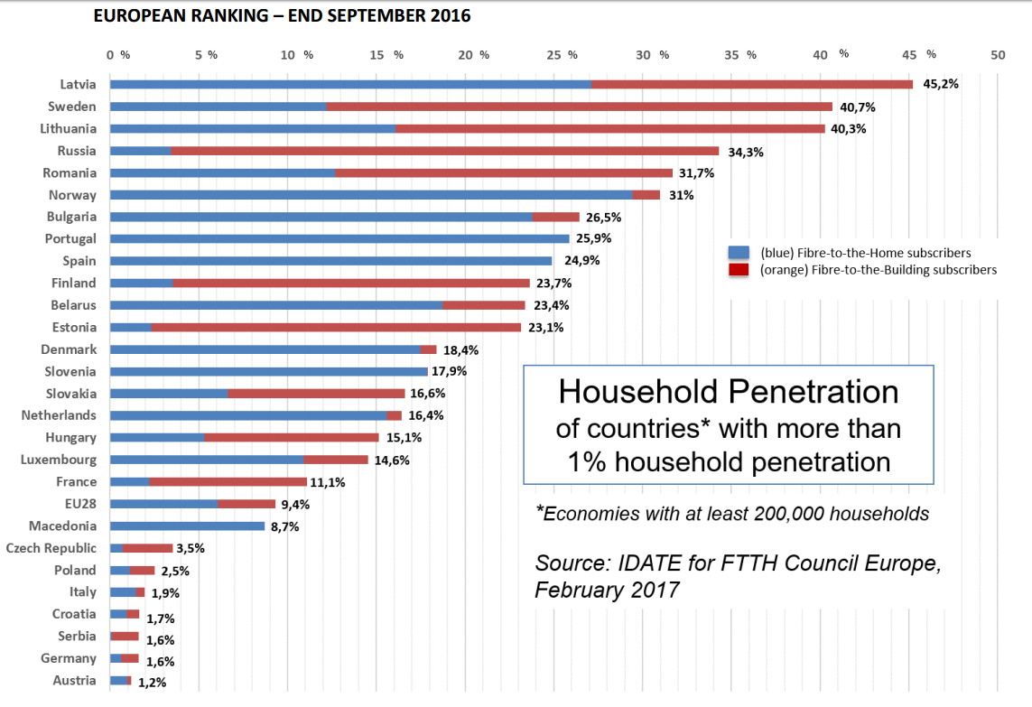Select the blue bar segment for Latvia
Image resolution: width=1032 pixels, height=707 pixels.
[x=350, y=84]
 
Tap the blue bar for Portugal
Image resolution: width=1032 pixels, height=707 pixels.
[x=339, y=239]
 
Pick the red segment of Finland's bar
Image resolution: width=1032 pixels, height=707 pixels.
[x=350, y=284]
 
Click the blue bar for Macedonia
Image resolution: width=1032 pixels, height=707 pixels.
[x=187, y=526]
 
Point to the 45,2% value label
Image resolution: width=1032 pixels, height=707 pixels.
[x=940, y=84]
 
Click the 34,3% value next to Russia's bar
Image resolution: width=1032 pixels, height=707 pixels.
[x=745, y=152]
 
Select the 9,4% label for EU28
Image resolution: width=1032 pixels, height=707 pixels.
[x=296, y=505]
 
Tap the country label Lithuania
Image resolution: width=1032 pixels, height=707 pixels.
[x=69, y=128]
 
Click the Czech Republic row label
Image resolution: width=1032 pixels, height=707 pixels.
[x=51, y=548]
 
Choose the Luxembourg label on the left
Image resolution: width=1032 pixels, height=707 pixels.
[x=59, y=460]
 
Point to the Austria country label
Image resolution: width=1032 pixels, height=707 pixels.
[x=74, y=680]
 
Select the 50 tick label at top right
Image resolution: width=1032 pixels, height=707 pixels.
[x=998, y=55]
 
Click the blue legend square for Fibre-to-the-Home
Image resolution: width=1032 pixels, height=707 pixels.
[x=739, y=253]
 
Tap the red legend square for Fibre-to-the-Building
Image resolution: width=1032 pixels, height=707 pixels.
[x=739, y=270]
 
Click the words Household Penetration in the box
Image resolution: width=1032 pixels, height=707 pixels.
[x=728, y=392]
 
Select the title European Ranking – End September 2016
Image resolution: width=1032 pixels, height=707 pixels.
[x=282, y=16]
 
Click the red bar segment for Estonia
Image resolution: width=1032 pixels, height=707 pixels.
[x=336, y=328]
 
